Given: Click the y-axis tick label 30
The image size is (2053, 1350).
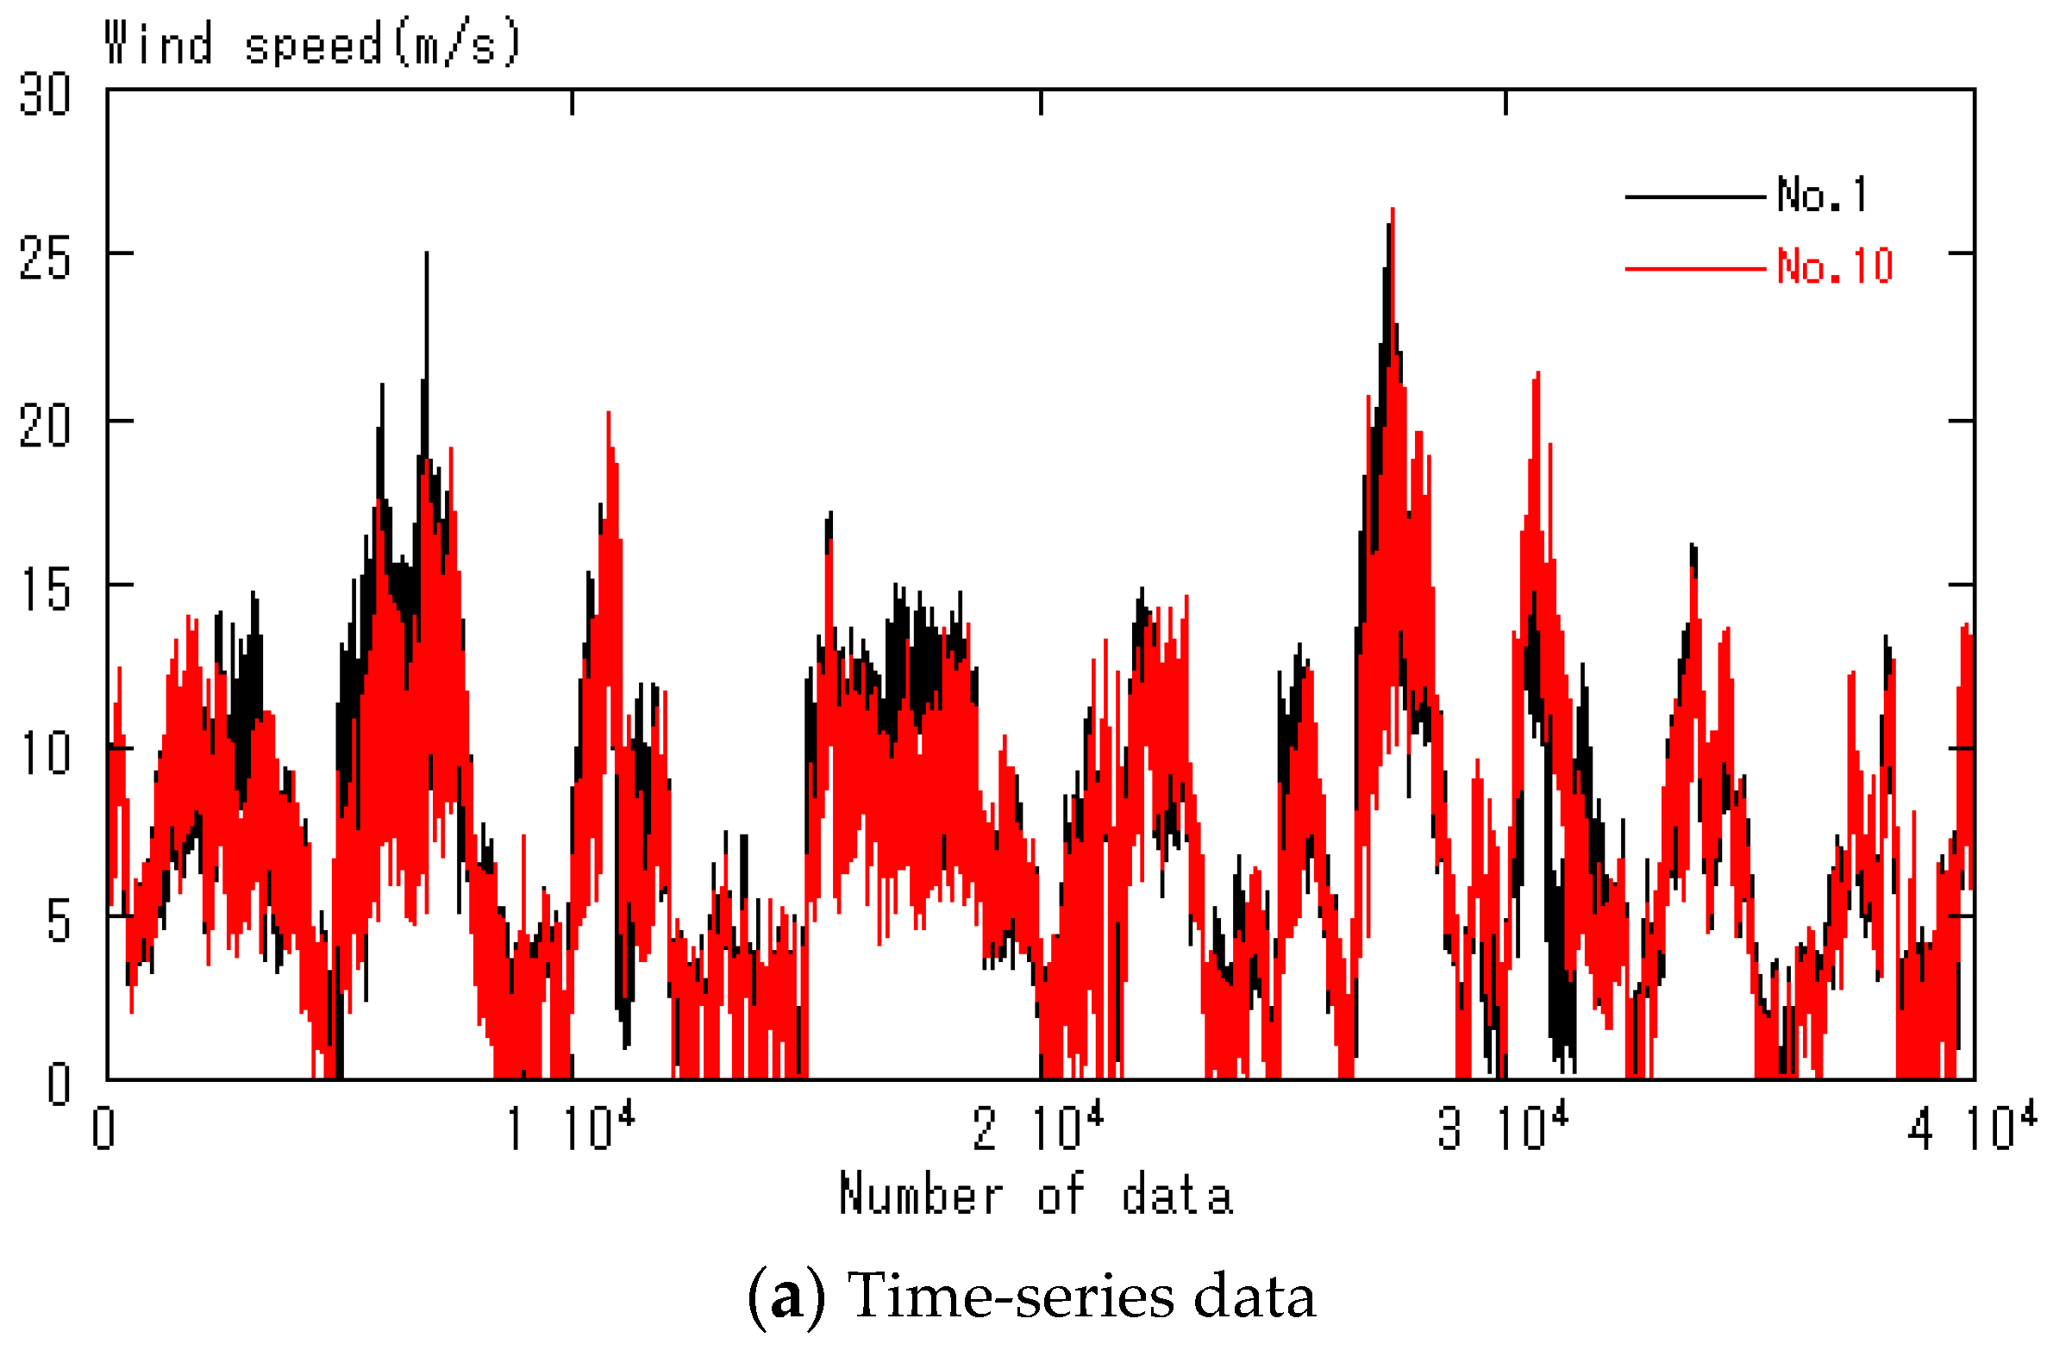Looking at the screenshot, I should pos(45,94).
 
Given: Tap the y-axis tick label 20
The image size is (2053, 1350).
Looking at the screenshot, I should pos(45,424).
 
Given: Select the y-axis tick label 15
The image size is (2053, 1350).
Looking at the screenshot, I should pos(45,591).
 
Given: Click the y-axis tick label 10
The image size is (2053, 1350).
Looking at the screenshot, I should pos(45,754).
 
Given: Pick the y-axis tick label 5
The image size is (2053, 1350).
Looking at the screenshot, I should pos(58,922).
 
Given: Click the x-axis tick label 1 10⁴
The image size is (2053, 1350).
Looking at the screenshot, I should pos(571,1128).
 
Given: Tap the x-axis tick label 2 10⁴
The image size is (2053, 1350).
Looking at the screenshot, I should pos(1039,1128).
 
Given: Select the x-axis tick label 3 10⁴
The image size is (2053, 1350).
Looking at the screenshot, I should pos(1504,1128).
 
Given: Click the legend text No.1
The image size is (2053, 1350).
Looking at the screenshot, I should pos(1823,195).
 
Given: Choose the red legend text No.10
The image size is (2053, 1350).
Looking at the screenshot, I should pos(1835,266).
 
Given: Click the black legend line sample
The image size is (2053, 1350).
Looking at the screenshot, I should pos(1695,197).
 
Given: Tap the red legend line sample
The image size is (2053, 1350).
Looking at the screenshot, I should pos(1695,269).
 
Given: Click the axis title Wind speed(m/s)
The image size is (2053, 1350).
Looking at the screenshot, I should pos(313,44).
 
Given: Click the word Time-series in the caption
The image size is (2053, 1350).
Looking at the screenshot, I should pos(1011,1297).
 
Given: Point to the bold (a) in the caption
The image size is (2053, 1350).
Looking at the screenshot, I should pos(786,1297).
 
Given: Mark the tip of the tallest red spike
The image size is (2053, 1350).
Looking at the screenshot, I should pos(1393,209).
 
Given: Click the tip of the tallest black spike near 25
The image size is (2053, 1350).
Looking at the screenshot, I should pos(426,253).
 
